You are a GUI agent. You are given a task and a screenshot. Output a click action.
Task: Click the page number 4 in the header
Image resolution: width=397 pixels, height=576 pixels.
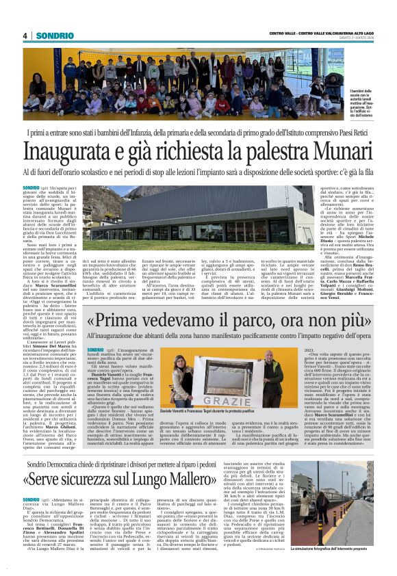[x=25, y=36]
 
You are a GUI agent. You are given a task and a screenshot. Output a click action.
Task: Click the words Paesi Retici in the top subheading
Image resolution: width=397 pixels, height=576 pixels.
[x=349, y=130]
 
